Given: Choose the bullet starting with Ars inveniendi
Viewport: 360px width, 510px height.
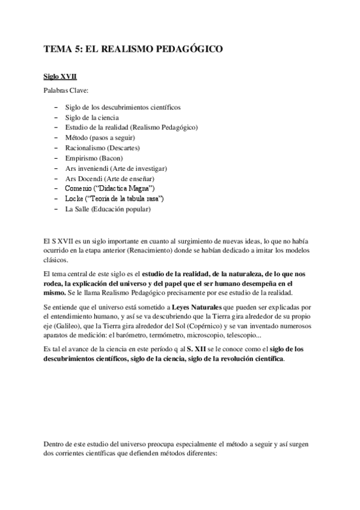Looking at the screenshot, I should pos(116,168).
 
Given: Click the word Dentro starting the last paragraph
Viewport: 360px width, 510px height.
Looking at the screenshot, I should pos(56,444).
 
